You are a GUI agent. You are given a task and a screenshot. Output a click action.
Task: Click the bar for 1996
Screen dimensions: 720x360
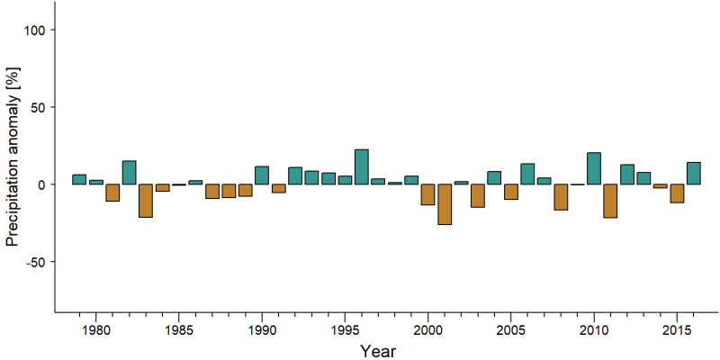(x=362, y=166)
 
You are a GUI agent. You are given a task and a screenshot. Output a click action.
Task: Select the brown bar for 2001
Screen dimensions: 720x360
(x=445, y=204)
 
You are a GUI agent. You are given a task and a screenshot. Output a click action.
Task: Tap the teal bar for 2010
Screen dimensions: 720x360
(x=594, y=168)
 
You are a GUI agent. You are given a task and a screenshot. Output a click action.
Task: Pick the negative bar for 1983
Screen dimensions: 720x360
(x=146, y=201)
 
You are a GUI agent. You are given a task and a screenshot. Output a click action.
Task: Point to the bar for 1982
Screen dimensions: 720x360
(x=129, y=172)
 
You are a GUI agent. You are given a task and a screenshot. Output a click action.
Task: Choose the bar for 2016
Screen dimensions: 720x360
(x=694, y=173)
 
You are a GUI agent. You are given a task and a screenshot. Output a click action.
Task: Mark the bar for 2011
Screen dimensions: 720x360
(x=611, y=201)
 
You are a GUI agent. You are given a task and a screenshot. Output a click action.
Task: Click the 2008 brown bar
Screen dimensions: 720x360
(x=561, y=197)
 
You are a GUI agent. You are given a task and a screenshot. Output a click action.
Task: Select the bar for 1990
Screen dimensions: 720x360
(x=262, y=175)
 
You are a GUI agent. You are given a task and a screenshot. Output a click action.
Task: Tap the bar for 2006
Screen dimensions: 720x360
(x=527, y=174)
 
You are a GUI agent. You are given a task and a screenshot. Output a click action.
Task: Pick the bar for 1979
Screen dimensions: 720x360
(x=79, y=179)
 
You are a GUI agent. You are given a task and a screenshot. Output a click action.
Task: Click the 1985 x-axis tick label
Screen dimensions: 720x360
(x=178, y=331)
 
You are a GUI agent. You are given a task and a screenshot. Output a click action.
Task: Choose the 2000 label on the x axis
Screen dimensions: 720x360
(x=428, y=331)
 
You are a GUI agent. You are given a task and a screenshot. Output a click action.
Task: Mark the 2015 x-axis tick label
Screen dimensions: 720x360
(x=678, y=331)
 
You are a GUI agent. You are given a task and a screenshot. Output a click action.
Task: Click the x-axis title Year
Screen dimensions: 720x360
(x=377, y=351)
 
